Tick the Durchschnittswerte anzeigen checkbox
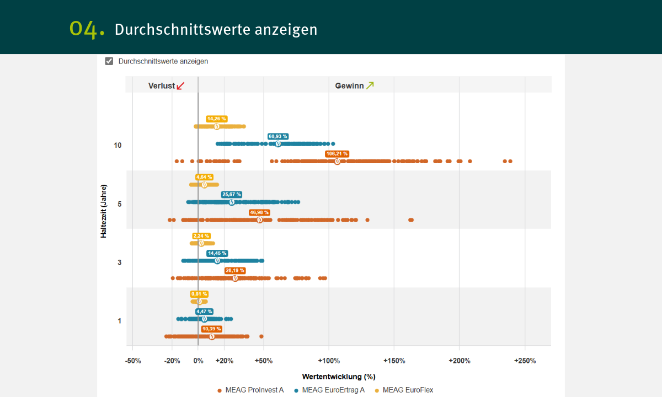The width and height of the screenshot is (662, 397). [109, 61]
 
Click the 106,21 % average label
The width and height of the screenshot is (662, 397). [338, 154]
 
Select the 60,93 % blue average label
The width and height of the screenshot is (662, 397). [278, 136]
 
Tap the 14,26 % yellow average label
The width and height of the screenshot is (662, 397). [217, 119]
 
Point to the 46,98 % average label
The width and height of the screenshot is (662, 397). [259, 212]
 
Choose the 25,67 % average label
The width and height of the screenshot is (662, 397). [232, 195]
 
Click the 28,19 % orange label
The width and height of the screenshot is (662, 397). [235, 271]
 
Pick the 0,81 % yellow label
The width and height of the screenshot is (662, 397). [199, 294]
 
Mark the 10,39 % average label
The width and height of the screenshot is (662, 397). [211, 329]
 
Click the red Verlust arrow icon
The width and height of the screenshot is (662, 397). [180, 85]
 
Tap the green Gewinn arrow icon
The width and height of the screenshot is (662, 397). [370, 85]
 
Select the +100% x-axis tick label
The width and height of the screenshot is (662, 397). [329, 361]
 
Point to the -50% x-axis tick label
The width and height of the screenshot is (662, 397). [133, 361]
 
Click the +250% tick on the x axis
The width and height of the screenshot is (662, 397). [525, 361]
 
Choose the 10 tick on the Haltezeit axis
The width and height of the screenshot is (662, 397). [118, 146]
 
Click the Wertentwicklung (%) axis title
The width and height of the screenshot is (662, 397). [339, 377]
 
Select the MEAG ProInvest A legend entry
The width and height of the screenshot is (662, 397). [251, 390]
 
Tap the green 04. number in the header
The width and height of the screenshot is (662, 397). [87, 29]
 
